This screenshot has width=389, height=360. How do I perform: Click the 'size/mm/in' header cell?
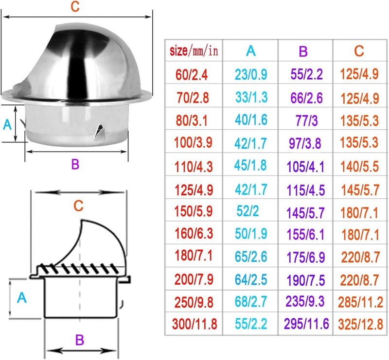pyautogui.click(x=194, y=51)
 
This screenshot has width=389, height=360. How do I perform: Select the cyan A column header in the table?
pyautogui.click(x=250, y=51)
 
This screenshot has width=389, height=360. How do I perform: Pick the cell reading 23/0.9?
pyautogui.click(x=251, y=74)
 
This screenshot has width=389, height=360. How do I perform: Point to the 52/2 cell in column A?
pyautogui.click(x=248, y=211)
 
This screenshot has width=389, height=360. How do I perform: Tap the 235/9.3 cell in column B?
pyautogui.click(x=305, y=302)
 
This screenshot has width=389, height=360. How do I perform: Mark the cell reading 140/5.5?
pyautogui.click(x=359, y=166)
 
